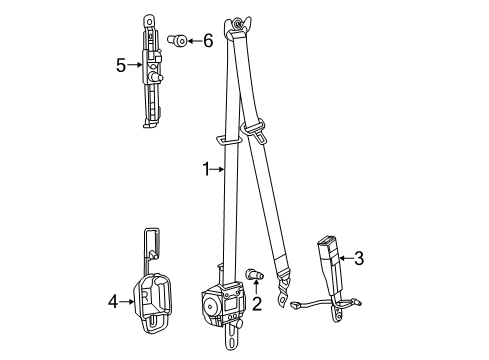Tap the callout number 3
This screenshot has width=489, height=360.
pyautogui.click(x=358, y=258)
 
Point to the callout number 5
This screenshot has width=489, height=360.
pyautogui.click(x=121, y=66)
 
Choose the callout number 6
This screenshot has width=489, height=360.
pyautogui.click(x=207, y=41)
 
